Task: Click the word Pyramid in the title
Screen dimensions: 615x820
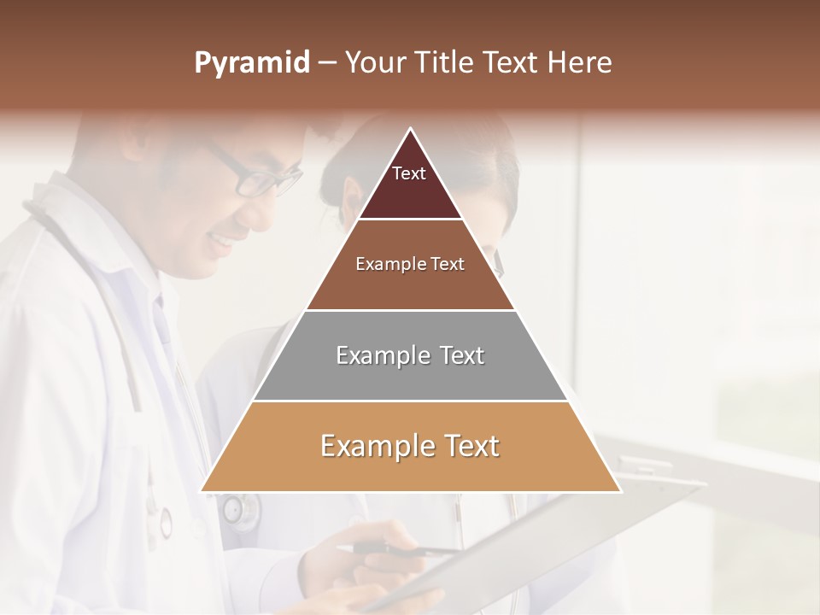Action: (x=252, y=63)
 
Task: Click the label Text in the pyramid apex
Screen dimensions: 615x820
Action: (x=409, y=173)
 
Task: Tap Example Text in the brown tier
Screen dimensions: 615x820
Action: (x=410, y=264)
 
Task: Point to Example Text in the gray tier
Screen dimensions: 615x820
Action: (x=410, y=355)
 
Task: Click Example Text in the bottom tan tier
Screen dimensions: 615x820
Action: (x=410, y=446)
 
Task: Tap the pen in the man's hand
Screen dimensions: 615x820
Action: (x=401, y=549)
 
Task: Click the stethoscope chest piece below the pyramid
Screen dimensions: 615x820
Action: (x=240, y=511)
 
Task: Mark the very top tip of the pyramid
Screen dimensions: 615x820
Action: (x=410, y=129)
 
